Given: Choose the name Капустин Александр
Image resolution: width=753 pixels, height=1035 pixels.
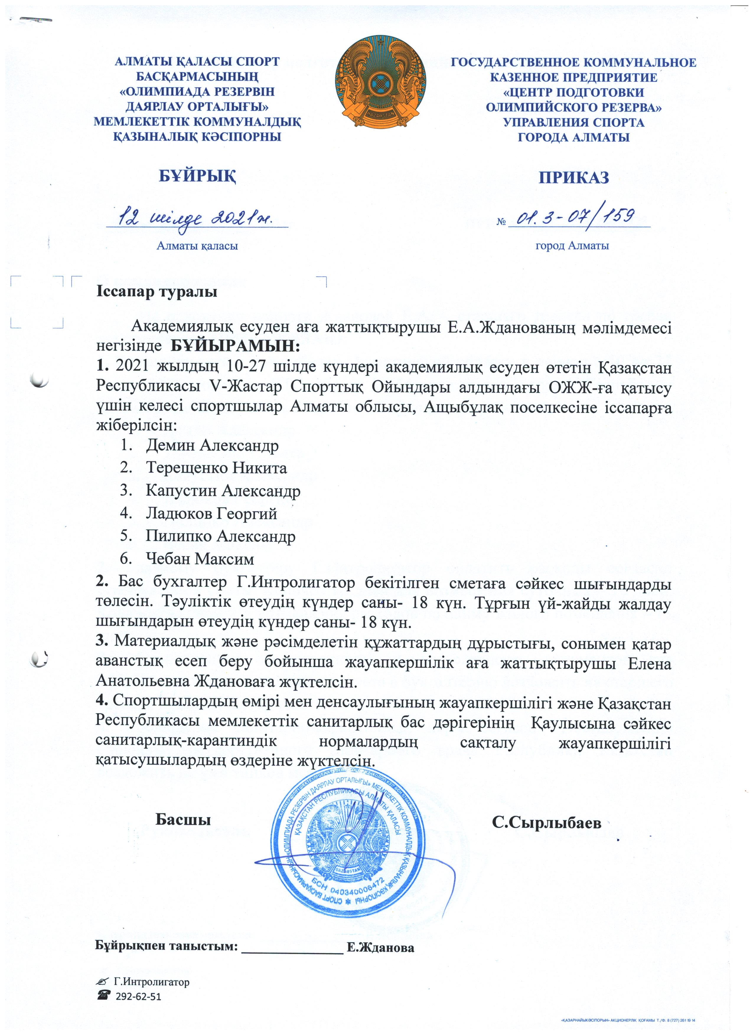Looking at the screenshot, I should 223,491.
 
